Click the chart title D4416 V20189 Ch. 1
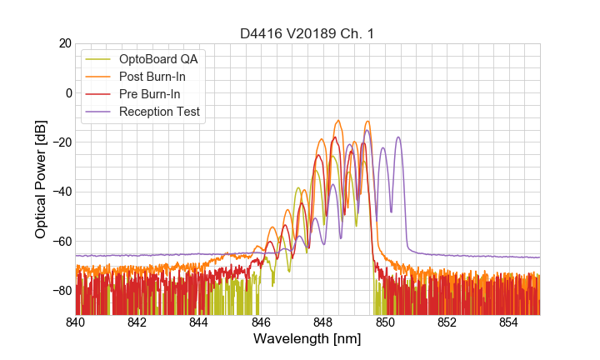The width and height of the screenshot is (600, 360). pyautogui.click(x=307, y=33)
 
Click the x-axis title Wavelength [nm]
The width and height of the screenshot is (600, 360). pyautogui.click(x=307, y=339)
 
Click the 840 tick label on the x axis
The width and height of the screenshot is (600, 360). pyautogui.click(x=76, y=322)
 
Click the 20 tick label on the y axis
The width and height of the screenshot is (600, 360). pyautogui.click(x=64, y=43)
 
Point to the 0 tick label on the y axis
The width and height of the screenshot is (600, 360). pyautogui.click(x=67, y=92)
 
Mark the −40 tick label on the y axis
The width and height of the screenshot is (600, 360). pyautogui.click(x=61, y=192)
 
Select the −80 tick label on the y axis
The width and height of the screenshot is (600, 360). pyautogui.click(x=61, y=291)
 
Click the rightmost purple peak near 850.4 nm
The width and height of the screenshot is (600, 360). pyautogui.click(x=398, y=137)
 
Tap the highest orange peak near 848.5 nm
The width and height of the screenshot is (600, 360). pyautogui.click(x=338, y=121)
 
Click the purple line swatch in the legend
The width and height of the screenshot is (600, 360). pyautogui.click(x=98, y=112)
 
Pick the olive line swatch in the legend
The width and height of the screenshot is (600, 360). pyautogui.click(x=98, y=59)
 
